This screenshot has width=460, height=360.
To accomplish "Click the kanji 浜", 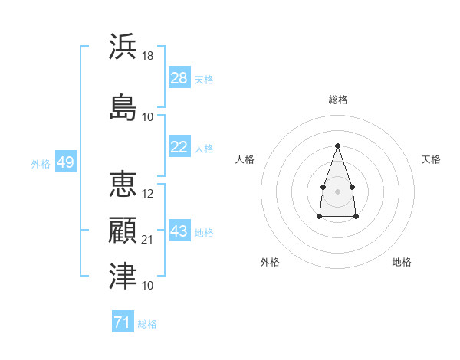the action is pos(123,46).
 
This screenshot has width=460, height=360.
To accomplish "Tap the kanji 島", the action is pos(123,107).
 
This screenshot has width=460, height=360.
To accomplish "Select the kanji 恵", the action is pos(123,184).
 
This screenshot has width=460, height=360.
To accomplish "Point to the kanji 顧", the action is pos(123,230).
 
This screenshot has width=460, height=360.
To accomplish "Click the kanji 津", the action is pos(123,276).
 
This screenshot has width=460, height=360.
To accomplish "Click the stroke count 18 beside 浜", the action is pos(147,56).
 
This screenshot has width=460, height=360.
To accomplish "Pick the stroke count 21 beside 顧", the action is pos(147,240).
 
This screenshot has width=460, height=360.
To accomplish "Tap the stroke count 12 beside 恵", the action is pos(147,194).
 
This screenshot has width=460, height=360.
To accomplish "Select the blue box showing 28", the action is pos(179,77).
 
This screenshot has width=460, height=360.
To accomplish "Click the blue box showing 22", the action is pos(179,146).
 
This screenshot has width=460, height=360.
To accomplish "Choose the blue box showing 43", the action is pos(179,230).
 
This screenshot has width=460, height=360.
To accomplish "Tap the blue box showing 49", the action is pos(66,162).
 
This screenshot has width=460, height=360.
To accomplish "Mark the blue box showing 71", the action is pos(123,321).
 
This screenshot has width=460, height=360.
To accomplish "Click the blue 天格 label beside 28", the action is pos(204,80).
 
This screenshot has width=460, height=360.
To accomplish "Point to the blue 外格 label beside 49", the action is pos(41,164).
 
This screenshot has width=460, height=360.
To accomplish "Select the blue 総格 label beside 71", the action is pos(147,324).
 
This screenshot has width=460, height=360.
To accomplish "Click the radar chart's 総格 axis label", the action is pos(338,100).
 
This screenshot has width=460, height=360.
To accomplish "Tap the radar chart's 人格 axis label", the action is pos(245,159).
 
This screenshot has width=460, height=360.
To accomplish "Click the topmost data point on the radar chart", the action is pos(337,146).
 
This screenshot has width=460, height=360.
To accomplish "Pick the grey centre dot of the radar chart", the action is pos(337,191).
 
